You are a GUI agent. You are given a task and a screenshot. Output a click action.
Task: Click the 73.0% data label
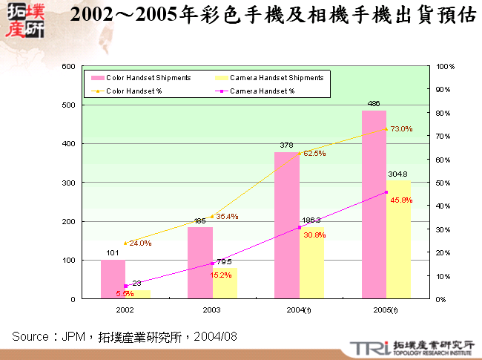(401, 129)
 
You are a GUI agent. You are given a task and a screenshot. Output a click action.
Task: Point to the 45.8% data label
(400, 200)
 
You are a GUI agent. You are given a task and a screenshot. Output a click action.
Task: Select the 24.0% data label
(140, 243)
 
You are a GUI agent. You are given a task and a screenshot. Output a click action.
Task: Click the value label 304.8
(398, 174)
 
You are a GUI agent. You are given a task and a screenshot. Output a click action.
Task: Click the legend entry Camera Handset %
(262, 91)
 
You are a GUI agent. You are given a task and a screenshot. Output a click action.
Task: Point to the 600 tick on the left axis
(67, 66)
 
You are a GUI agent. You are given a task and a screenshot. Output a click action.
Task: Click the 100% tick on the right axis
(446, 66)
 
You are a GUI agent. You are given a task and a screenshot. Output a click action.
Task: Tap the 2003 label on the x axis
(212, 309)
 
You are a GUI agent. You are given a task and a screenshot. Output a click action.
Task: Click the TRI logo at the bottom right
(366, 347)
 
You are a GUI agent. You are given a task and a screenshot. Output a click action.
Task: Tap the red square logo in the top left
(24, 21)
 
